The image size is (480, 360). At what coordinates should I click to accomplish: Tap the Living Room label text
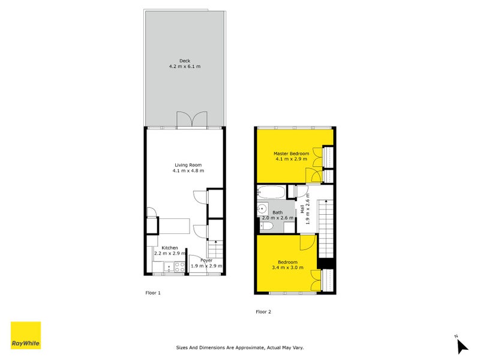pos(188,165)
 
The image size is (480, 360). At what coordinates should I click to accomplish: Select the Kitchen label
pos(169,248)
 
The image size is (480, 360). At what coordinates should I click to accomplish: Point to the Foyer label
pos(206,260)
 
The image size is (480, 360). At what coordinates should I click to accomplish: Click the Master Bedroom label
pos(291,154)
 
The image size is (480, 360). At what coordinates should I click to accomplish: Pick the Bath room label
pos(277,212)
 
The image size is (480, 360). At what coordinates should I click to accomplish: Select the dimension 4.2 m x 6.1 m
pos(184,66)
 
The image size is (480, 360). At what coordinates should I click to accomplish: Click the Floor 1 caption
pos(153,293)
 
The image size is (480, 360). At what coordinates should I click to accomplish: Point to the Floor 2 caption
pos(263,311)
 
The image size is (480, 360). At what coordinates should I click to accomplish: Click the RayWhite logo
pos(26,335)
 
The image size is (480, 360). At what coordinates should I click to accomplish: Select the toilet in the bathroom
pos(266,227)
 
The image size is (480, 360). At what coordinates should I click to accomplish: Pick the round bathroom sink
pos(262,209)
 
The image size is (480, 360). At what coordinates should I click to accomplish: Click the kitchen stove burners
pos(179,268)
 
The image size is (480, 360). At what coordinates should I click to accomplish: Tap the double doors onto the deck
pos(191,120)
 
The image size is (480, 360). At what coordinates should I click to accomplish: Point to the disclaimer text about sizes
pos(240,347)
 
